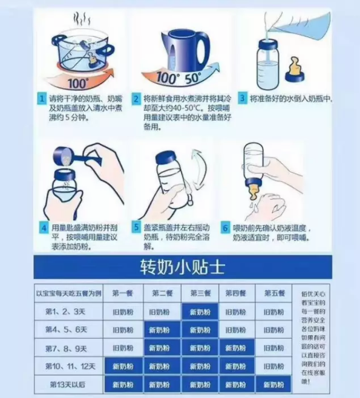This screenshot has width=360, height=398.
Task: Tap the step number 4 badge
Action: coord(44,228)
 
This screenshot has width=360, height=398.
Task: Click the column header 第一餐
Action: coord(123,293)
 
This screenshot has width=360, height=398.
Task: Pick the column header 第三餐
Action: coord(199,293)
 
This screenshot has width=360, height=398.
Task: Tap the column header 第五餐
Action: coord(274,293)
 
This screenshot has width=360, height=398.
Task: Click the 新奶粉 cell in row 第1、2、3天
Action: coord(199,312)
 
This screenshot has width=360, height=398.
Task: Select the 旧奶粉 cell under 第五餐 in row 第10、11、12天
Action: coord(274,366)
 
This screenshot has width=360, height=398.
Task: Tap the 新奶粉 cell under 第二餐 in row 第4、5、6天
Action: coord(161,330)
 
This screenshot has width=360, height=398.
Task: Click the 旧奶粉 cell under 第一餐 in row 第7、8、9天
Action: coord(123,348)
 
